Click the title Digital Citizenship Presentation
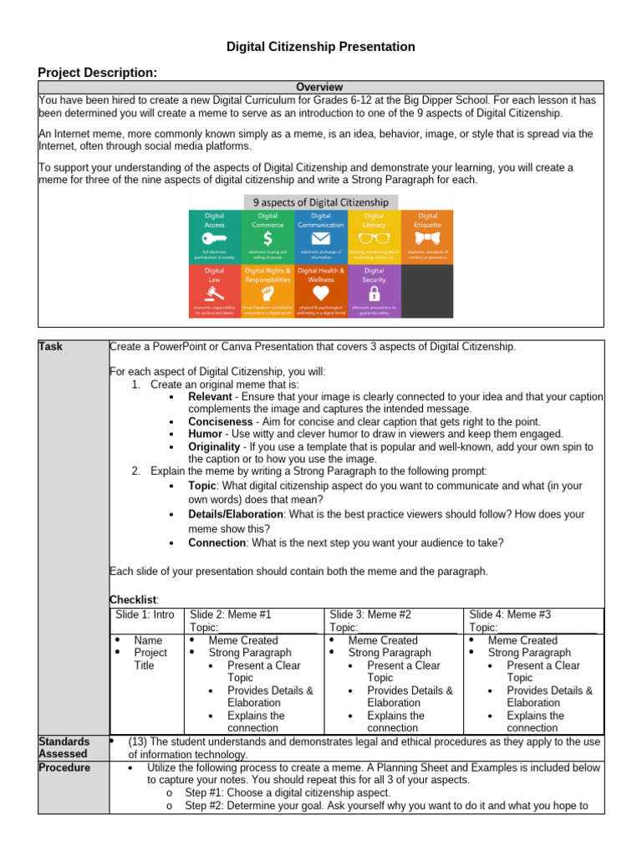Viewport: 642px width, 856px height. point(321,47)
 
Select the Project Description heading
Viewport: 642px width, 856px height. point(98,73)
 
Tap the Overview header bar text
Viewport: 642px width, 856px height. point(320,87)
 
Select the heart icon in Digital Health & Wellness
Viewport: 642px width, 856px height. point(320,294)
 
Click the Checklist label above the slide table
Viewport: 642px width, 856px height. point(134,599)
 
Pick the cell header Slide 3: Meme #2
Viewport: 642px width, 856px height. point(370,614)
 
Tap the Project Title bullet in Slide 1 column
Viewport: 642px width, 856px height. point(150,659)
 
